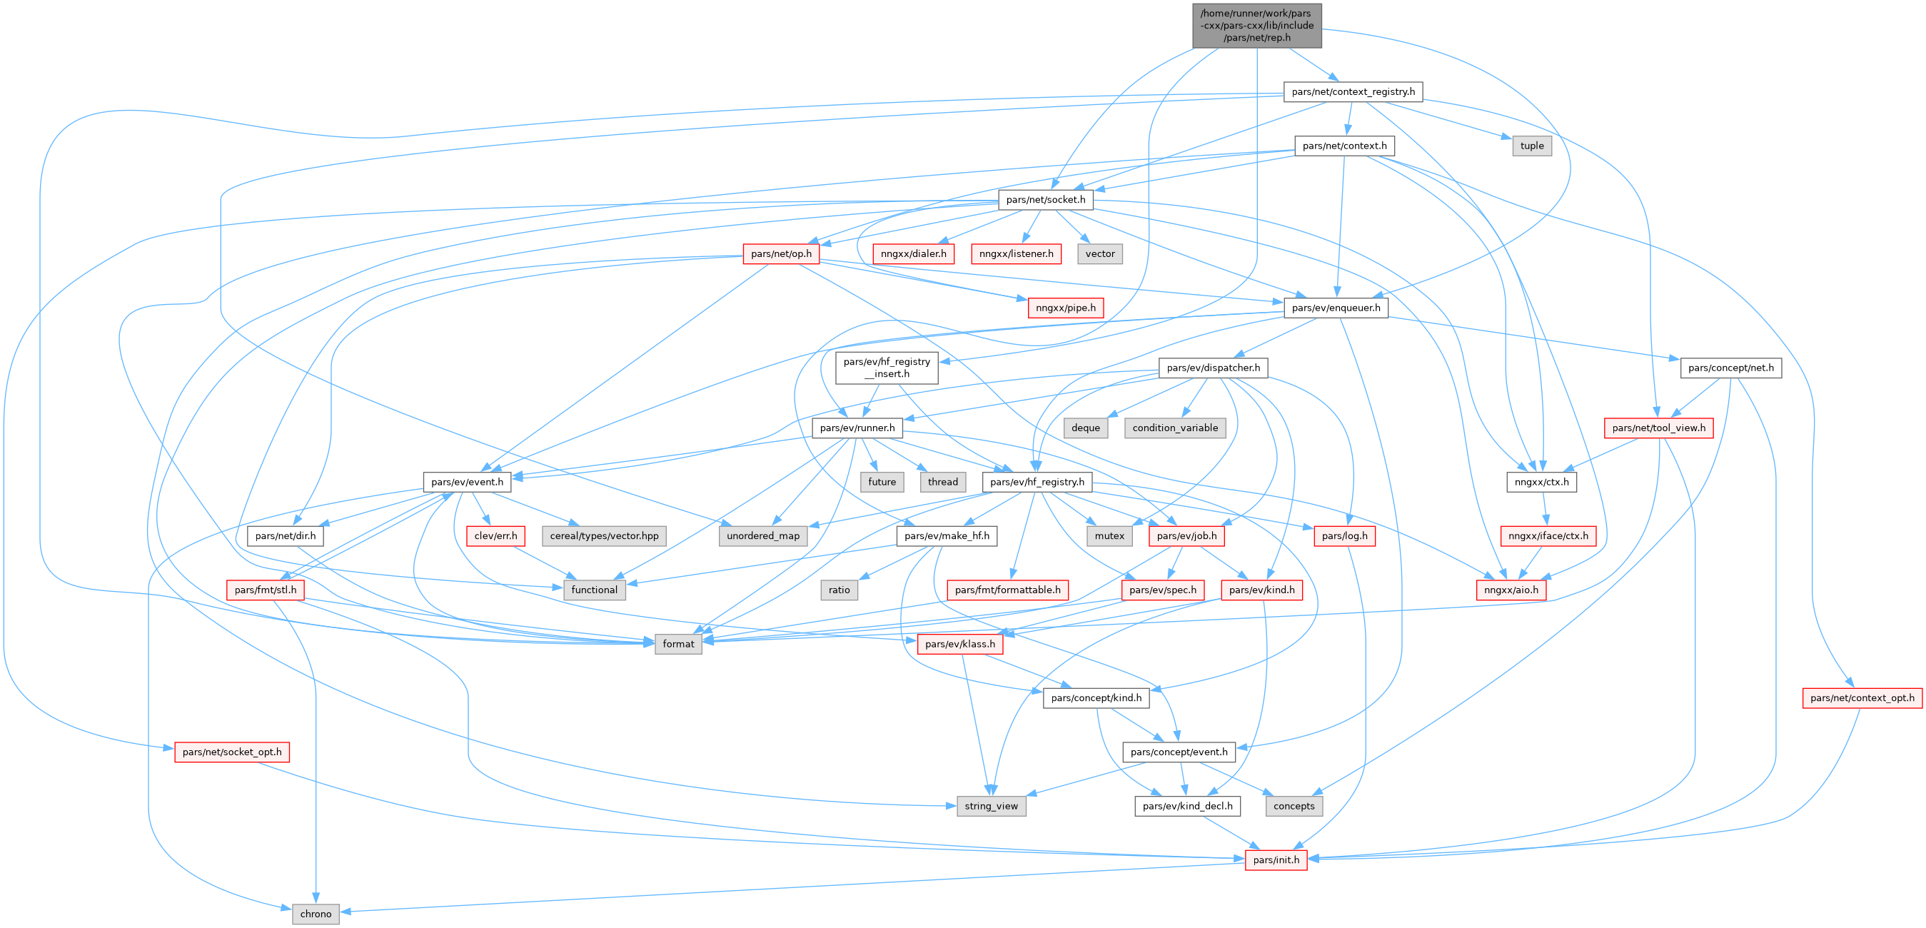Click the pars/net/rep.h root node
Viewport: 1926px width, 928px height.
1257,26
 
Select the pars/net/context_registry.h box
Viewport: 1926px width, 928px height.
1353,92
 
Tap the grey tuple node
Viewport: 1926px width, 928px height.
1531,146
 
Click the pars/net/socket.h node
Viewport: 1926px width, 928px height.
1045,200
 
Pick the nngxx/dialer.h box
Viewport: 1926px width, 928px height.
913,254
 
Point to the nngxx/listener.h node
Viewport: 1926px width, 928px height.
1016,254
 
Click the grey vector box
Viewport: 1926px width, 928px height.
1100,254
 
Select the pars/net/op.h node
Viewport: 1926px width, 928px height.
780,254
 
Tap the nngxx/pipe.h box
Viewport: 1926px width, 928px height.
1065,308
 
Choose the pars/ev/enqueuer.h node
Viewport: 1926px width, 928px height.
1336,308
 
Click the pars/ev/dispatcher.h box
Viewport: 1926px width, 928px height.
1213,368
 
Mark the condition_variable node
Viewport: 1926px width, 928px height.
1174,428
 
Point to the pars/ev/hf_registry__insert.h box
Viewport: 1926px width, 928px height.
887,368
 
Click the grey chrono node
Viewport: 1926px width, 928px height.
316,914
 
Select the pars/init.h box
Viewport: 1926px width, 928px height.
1276,860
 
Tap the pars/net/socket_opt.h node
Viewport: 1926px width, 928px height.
232,752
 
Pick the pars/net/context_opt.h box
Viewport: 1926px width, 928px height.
1862,698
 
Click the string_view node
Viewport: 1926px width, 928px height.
991,806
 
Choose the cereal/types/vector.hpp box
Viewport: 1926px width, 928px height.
604,536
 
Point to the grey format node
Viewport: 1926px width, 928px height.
678,644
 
